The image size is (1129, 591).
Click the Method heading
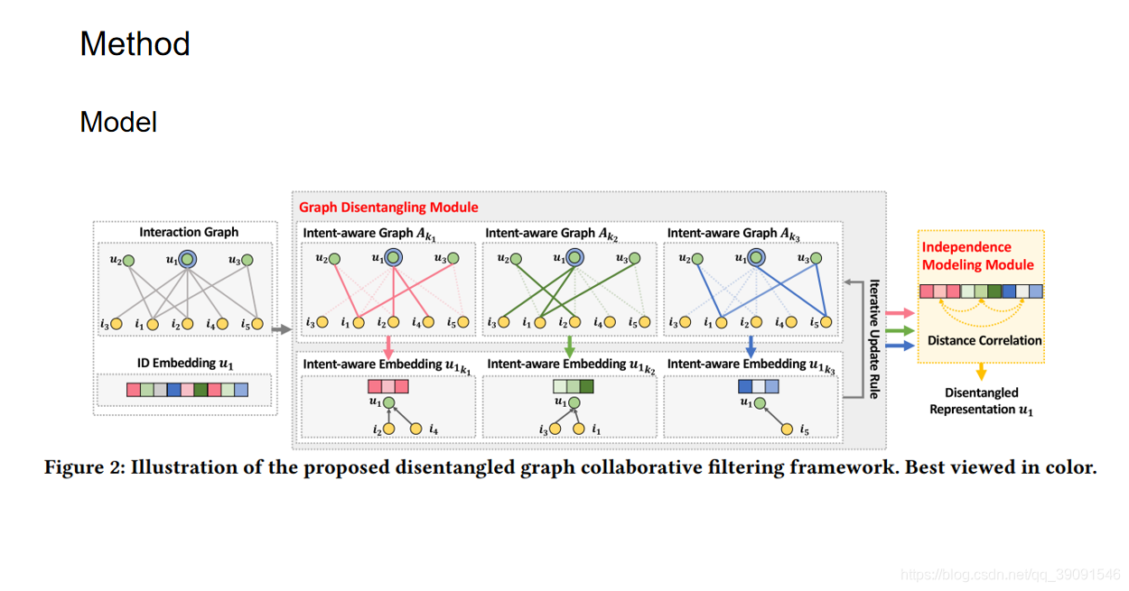click(135, 44)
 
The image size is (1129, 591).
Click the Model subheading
click(118, 122)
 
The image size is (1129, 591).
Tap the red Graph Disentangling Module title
click(388, 208)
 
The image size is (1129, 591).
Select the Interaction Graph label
click(189, 232)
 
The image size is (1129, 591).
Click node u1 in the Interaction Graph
click(187, 260)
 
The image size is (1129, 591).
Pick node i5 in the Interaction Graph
click(257, 323)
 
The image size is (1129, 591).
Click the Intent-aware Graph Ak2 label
click(551, 234)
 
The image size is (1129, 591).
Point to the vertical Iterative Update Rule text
click(873, 338)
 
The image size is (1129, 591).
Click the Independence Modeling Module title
click(978, 256)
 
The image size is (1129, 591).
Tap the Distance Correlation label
click(984, 341)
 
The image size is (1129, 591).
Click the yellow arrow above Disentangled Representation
click(982, 372)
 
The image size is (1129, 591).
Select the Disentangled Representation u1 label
click(982, 402)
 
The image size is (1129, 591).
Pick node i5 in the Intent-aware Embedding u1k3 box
click(787, 428)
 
